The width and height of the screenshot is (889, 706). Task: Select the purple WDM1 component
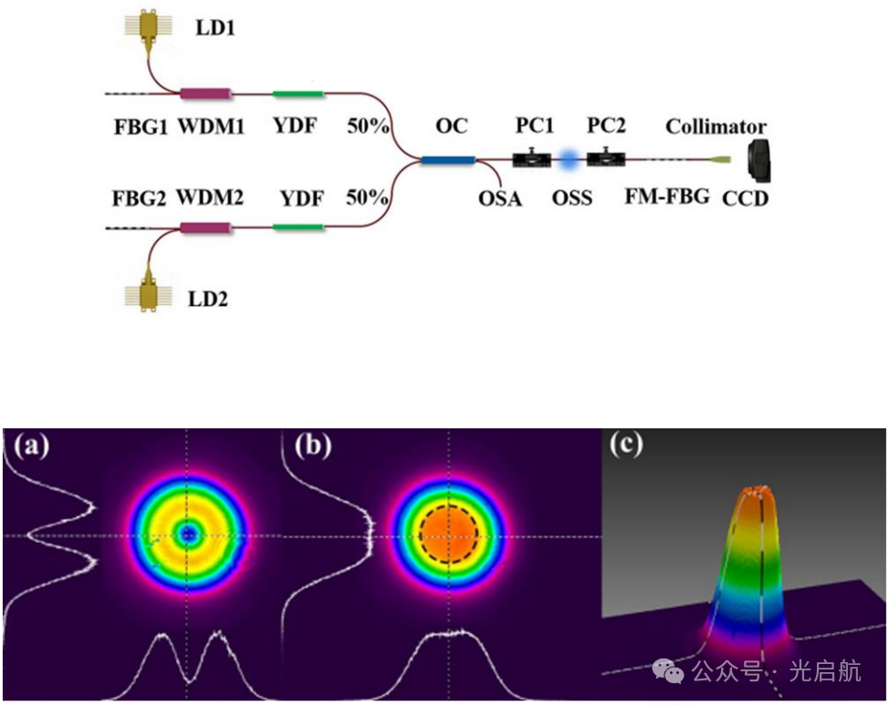[x=206, y=93]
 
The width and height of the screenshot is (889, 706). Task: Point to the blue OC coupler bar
[x=448, y=161]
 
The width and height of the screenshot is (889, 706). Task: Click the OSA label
[x=497, y=197]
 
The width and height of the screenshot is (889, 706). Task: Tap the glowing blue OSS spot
[x=570, y=161]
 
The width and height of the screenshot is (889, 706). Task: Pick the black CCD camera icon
[x=758, y=160]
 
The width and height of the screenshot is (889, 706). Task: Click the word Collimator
[x=716, y=127]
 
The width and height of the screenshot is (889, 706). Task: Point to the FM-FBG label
[x=667, y=196]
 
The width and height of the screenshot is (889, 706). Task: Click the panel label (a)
[x=30, y=447]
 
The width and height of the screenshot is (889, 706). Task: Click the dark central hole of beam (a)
[x=189, y=535]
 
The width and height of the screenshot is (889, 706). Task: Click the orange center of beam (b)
[x=448, y=535]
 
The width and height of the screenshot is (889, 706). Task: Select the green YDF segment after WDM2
[x=299, y=225]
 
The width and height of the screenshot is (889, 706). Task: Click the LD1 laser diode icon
[x=146, y=28]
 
